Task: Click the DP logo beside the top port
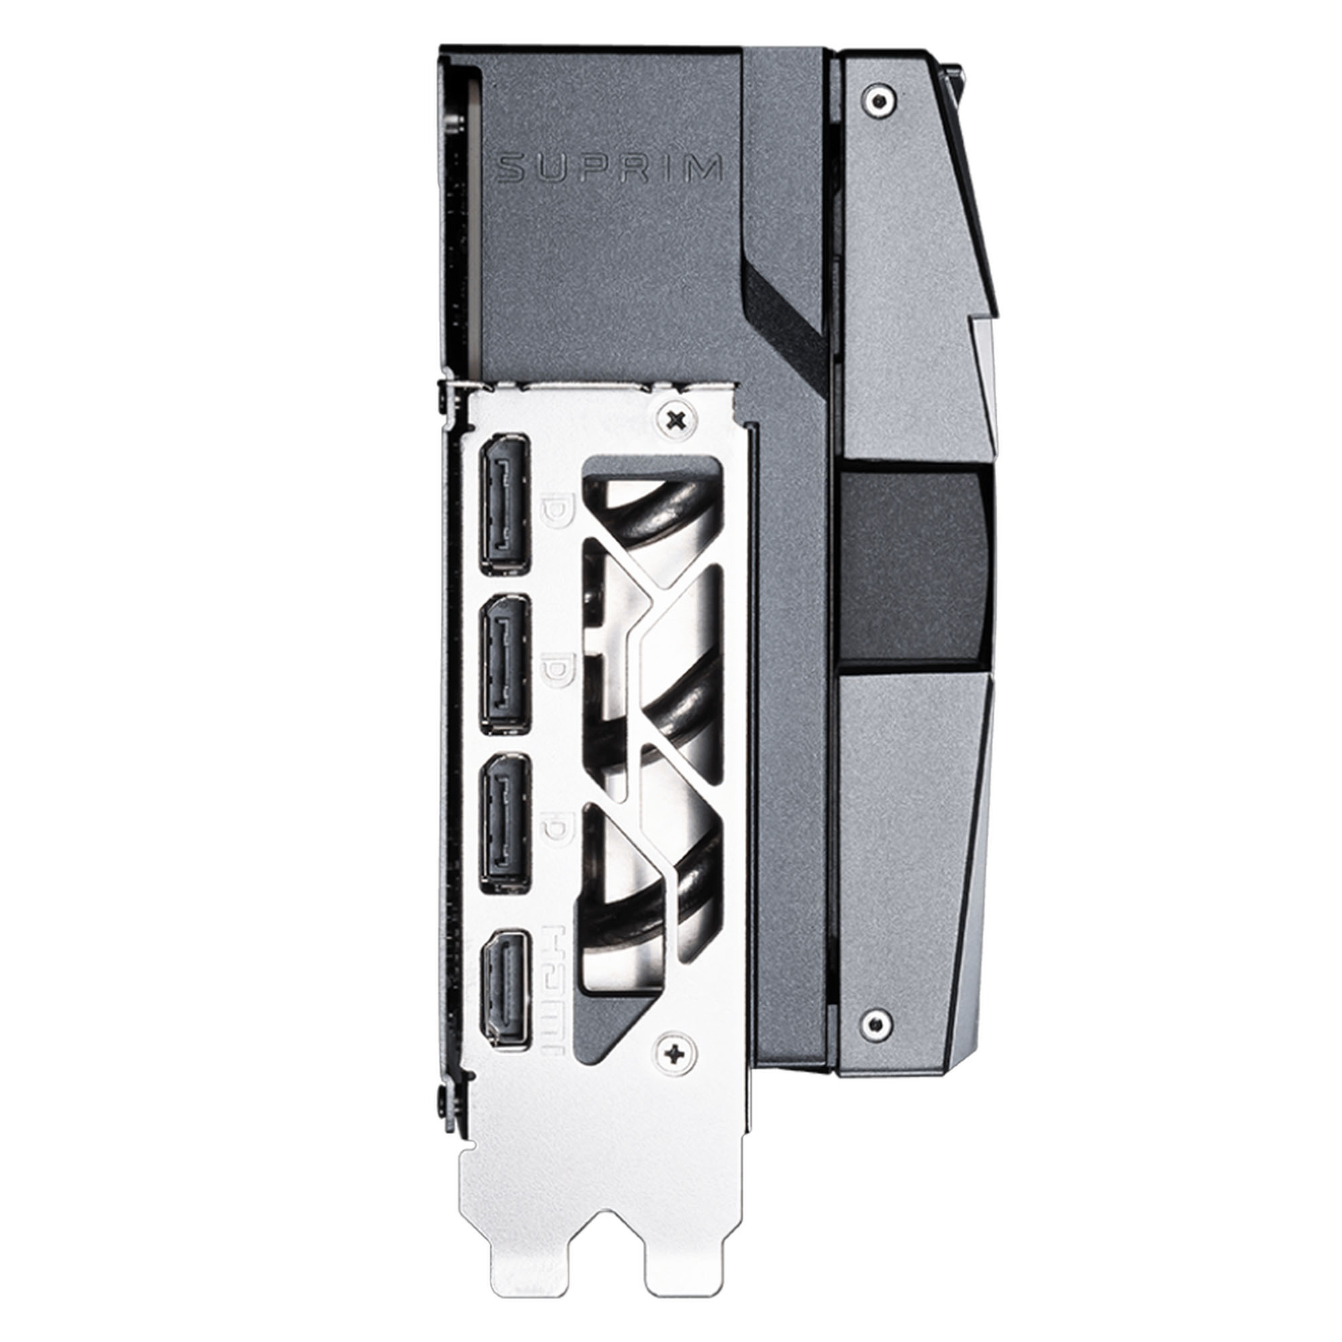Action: click(556, 513)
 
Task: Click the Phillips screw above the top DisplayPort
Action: click(675, 418)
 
